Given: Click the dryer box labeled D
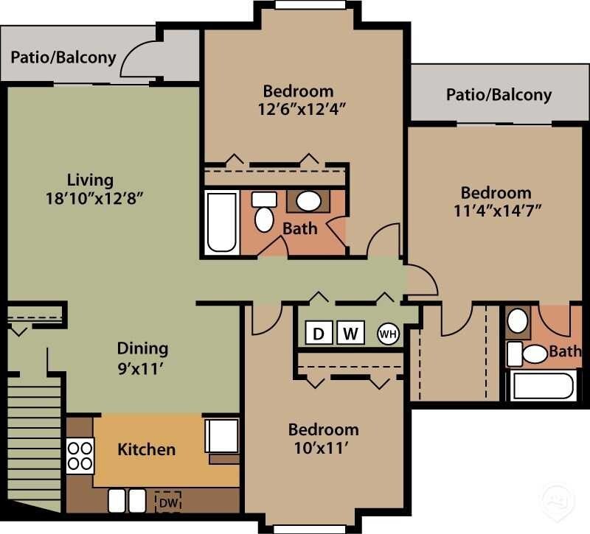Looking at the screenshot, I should pos(319,333).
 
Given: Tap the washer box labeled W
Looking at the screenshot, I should pos(351,333).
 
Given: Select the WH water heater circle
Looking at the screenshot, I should pos(388,334).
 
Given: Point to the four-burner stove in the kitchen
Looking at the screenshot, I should pos(80,455).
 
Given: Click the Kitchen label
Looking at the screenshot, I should pos(147,449).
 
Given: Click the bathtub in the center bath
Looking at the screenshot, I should pos(221,222).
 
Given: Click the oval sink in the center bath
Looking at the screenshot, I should pos(308,200).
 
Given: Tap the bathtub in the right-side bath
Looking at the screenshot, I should pos(543,386).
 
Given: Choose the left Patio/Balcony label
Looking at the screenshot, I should pos(63,57).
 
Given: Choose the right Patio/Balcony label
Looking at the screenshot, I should pos(499,94).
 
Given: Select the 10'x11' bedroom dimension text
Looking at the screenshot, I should pos(323,446).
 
